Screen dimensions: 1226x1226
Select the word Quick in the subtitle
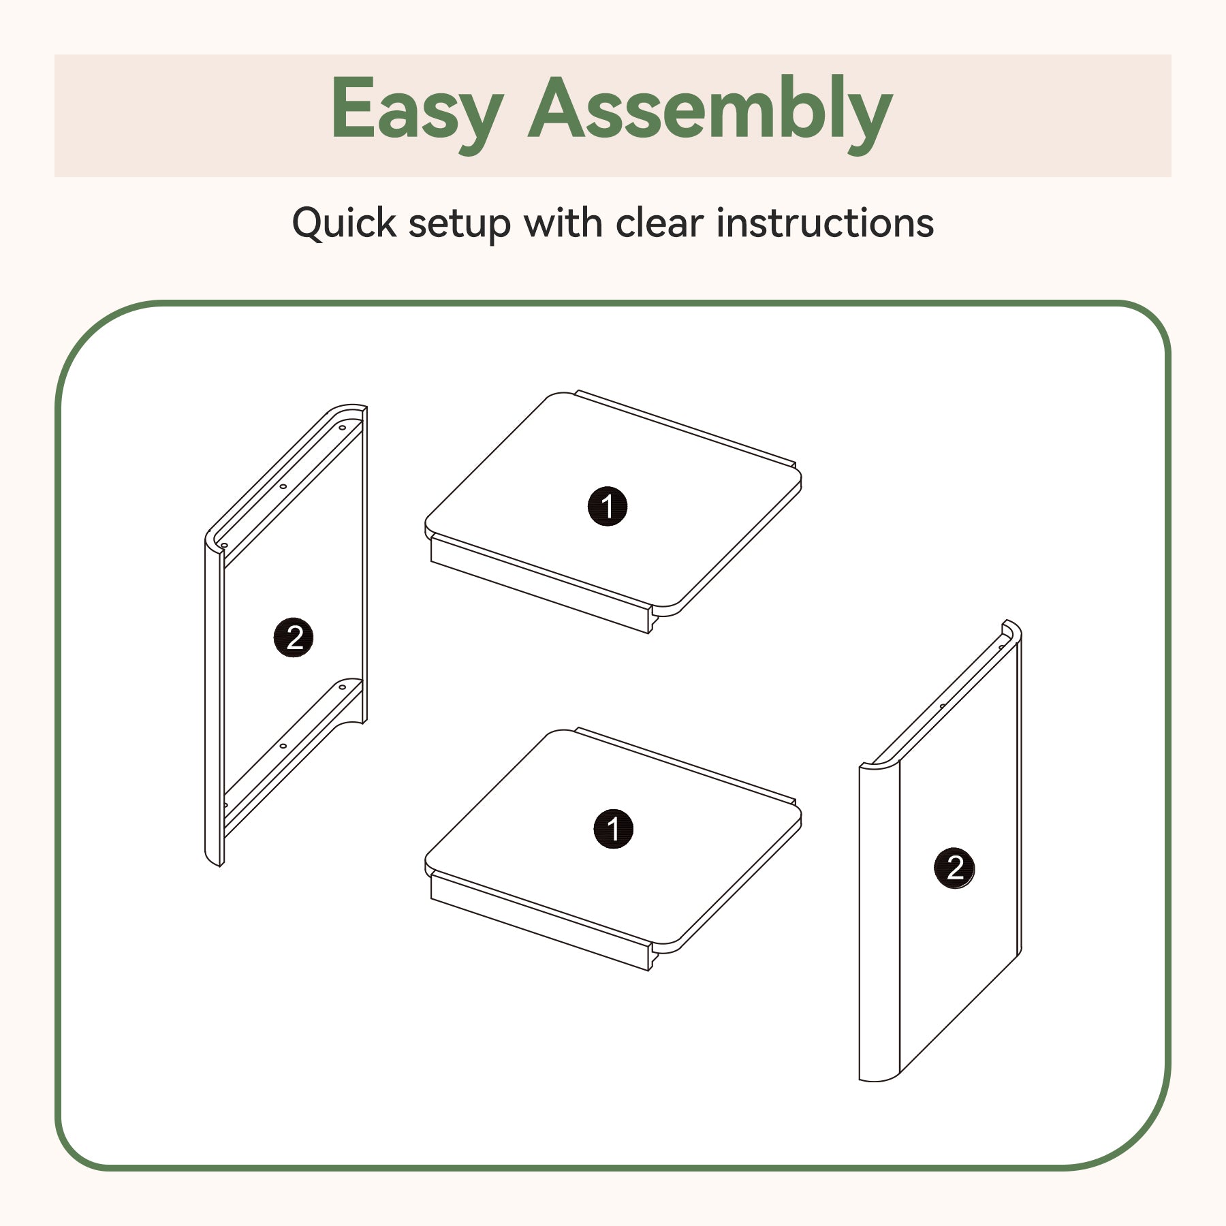coord(344,223)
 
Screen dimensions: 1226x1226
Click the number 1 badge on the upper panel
coord(607,506)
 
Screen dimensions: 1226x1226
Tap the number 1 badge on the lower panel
coord(613,829)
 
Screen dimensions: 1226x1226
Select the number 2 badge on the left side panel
coord(294,638)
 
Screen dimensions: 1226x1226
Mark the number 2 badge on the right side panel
coord(954,868)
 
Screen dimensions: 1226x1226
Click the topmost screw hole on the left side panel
coord(343,428)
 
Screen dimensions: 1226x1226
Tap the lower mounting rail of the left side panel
coord(293,756)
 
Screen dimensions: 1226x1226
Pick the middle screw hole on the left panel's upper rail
coord(283,486)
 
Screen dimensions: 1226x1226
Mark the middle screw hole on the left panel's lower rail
coord(283,746)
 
